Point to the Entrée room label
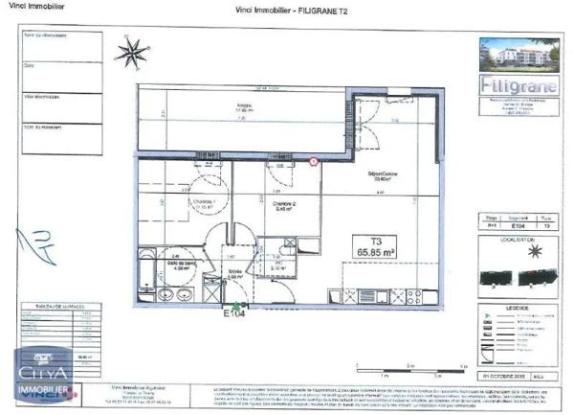click(x=233, y=271)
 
